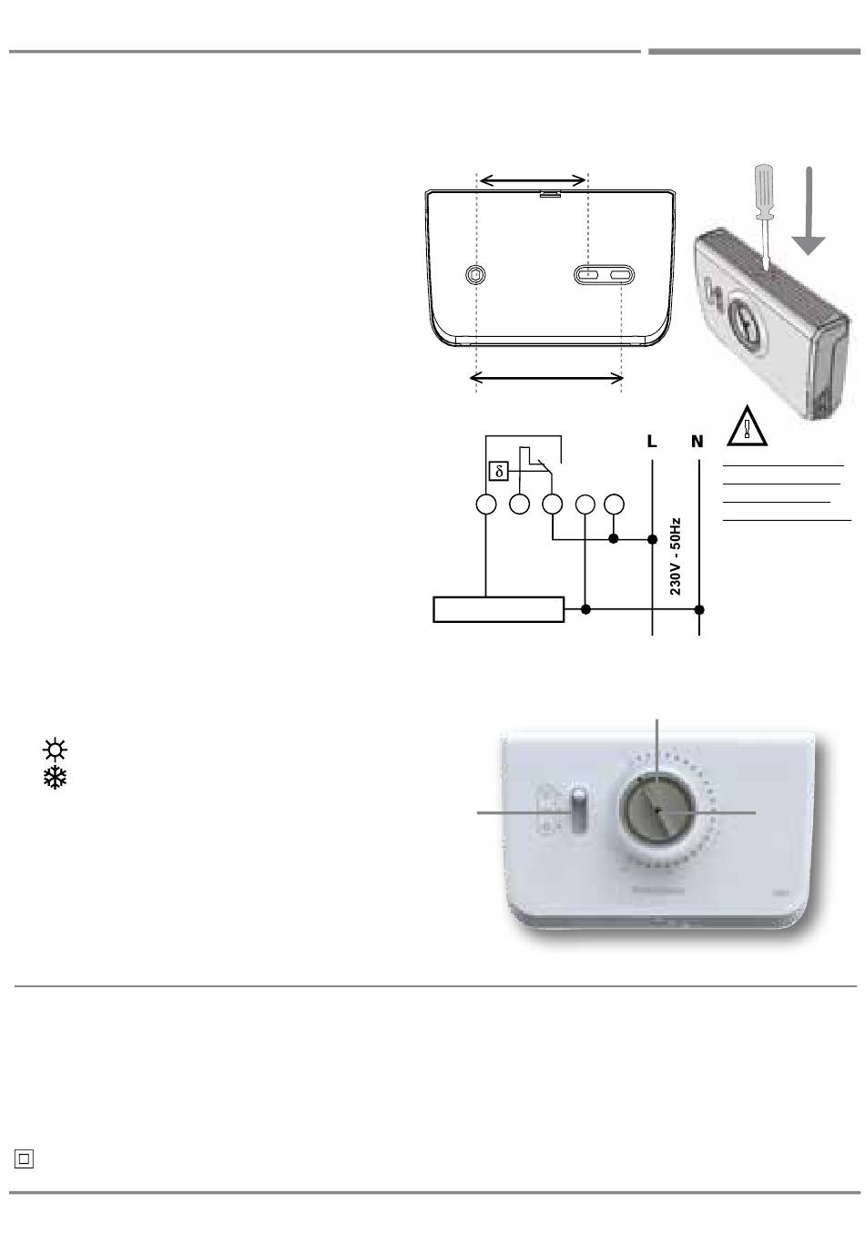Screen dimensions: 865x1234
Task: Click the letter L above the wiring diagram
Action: [x=651, y=442]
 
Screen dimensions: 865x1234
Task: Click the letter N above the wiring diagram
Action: [x=697, y=442]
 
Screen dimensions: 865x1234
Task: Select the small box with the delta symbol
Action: [x=498, y=471]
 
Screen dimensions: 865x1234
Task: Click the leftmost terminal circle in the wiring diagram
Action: [x=486, y=504]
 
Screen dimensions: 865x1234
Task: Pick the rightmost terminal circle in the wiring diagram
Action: [x=615, y=504]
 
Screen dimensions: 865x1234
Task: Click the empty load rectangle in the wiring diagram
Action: [x=498, y=609]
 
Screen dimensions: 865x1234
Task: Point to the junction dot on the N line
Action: [x=699, y=608]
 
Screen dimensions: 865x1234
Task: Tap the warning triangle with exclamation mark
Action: [x=748, y=425]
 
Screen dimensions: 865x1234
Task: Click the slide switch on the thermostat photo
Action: [x=578, y=811]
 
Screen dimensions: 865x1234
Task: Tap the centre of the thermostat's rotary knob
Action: [x=656, y=810]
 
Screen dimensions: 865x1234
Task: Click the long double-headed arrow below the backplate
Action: [x=547, y=378]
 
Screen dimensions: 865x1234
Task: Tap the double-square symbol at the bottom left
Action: [x=24, y=1158]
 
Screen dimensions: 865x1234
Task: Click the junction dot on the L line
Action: [x=652, y=539]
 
